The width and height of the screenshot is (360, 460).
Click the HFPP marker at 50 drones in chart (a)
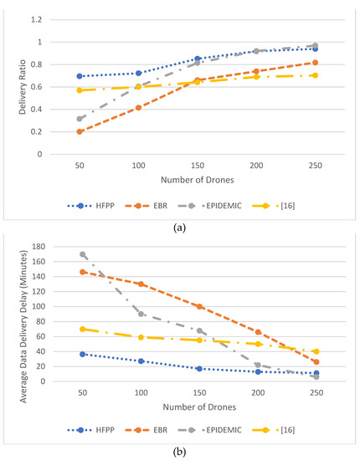(80, 76)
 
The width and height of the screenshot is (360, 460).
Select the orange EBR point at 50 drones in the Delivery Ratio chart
(80, 131)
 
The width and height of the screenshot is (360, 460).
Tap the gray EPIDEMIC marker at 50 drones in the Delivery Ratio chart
(80, 119)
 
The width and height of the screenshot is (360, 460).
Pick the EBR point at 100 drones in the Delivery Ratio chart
(138, 107)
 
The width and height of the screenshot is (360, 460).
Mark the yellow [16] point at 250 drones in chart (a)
(315, 75)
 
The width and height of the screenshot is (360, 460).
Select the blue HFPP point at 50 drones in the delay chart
(82, 354)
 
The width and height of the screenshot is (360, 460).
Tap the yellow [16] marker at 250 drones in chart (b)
(316, 351)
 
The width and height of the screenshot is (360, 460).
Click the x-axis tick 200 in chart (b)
(257, 393)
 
